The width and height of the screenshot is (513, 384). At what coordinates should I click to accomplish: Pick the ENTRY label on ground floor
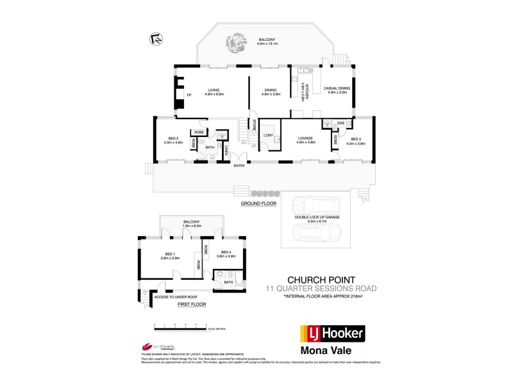coord(239,166)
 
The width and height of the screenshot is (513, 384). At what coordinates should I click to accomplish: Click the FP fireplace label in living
coord(189,95)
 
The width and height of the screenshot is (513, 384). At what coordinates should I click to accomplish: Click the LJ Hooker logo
coord(332,333)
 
